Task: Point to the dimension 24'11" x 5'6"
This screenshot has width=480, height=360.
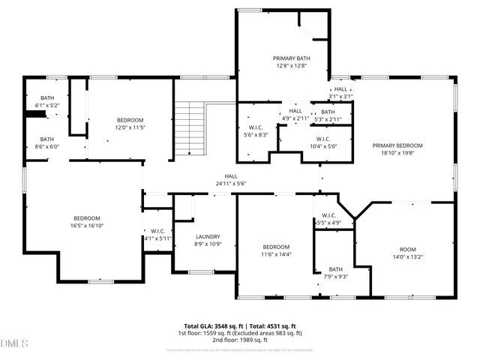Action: point(231,183)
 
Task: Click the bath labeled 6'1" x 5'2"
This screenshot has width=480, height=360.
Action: point(47,102)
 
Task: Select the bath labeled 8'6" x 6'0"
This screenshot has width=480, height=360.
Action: point(47,142)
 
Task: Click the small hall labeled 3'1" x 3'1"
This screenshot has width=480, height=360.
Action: point(340,93)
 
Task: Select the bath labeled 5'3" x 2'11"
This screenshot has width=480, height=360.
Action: point(328,115)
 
